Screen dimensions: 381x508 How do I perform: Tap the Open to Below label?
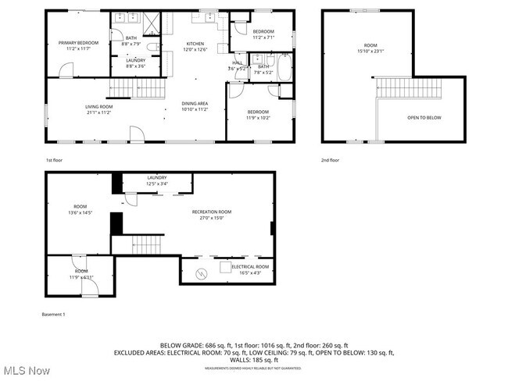(424, 117)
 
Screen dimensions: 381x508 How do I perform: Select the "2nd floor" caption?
(331, 159)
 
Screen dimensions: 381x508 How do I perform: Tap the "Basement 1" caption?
(54, 314)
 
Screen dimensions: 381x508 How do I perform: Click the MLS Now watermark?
(27, 370)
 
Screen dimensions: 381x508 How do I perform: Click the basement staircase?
(145, 243)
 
